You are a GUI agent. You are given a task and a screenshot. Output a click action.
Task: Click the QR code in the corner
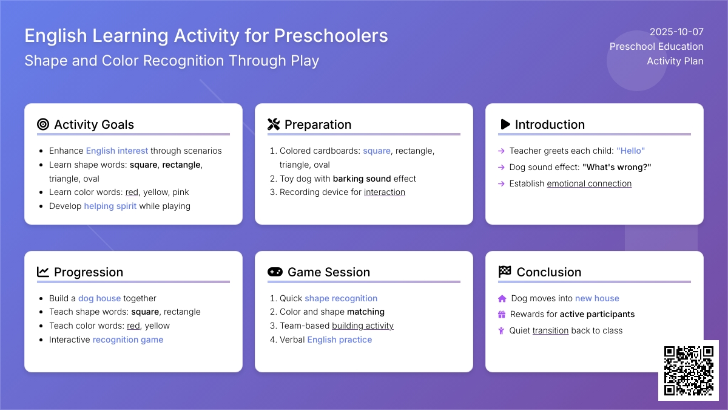(689, 371)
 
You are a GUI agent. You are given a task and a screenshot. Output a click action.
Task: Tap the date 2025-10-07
(676, 32)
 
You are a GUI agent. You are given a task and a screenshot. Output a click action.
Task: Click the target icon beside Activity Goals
(43, 125)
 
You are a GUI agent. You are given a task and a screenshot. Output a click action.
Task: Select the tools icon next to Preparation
(274, 125)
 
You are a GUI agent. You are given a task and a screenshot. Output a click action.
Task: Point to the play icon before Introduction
(505, 125)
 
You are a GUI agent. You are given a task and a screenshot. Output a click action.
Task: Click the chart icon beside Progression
(43, 272)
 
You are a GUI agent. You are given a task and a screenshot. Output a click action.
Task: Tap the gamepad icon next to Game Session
(275, 272)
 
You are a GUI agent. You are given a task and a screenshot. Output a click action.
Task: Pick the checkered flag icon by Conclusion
(505, 272)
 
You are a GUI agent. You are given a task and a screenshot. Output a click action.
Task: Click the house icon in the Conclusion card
(502, 298)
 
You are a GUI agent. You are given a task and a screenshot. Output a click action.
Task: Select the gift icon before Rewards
(502, 315)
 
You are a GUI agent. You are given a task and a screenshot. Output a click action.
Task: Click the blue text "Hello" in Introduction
(630, 151)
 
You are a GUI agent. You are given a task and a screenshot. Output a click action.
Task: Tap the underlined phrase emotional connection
(589, 183)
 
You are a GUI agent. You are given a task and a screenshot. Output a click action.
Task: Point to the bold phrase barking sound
(362, 179)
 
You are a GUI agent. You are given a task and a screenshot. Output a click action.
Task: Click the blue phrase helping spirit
(110, 206)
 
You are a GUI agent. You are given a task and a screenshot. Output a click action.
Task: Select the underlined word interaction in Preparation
(385, 192)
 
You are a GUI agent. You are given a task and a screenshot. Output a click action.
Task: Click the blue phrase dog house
(99, 298)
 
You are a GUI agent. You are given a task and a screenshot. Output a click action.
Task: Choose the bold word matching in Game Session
(366, 312)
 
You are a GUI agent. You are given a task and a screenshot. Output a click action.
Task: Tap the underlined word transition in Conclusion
(551, 330)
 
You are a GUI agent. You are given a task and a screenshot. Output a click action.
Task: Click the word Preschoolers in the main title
(331, 35)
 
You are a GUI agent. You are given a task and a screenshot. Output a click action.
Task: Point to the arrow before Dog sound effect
(501, 167)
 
